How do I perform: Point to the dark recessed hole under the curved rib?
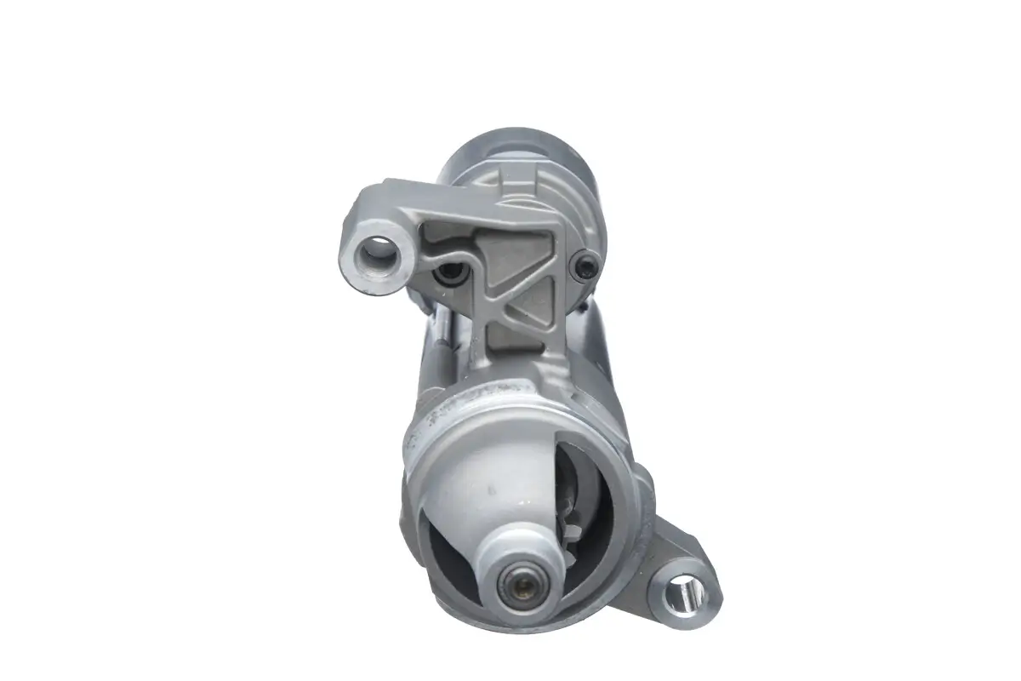click(x=448, y=274)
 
